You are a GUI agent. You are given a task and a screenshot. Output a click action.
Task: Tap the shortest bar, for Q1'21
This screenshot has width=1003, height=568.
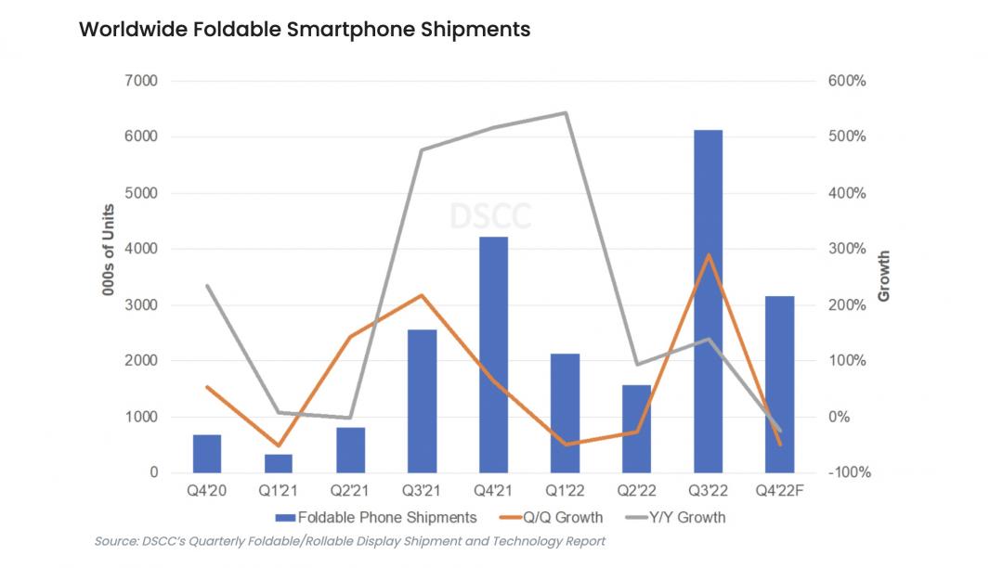tap(279, 463)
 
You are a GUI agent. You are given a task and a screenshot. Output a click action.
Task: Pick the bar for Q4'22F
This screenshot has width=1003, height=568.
tap(779, 384)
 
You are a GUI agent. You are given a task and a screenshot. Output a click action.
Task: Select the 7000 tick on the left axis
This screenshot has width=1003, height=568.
tap(140, 82)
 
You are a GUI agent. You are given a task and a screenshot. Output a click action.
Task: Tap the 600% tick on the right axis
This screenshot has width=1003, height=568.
tap(847, 82)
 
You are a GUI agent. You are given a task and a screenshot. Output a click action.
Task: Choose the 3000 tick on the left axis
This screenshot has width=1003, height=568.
tap(140, 305)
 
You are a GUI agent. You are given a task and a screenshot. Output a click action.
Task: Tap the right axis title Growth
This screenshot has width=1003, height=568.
tap(883, 277)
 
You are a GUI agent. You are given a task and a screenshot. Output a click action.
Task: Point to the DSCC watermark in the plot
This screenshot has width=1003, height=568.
tap(490, 216)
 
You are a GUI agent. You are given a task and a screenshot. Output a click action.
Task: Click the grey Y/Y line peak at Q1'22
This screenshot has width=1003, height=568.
tap(565, 113)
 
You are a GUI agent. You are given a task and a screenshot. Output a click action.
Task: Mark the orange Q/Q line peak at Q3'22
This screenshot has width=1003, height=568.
tap(708, 255)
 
